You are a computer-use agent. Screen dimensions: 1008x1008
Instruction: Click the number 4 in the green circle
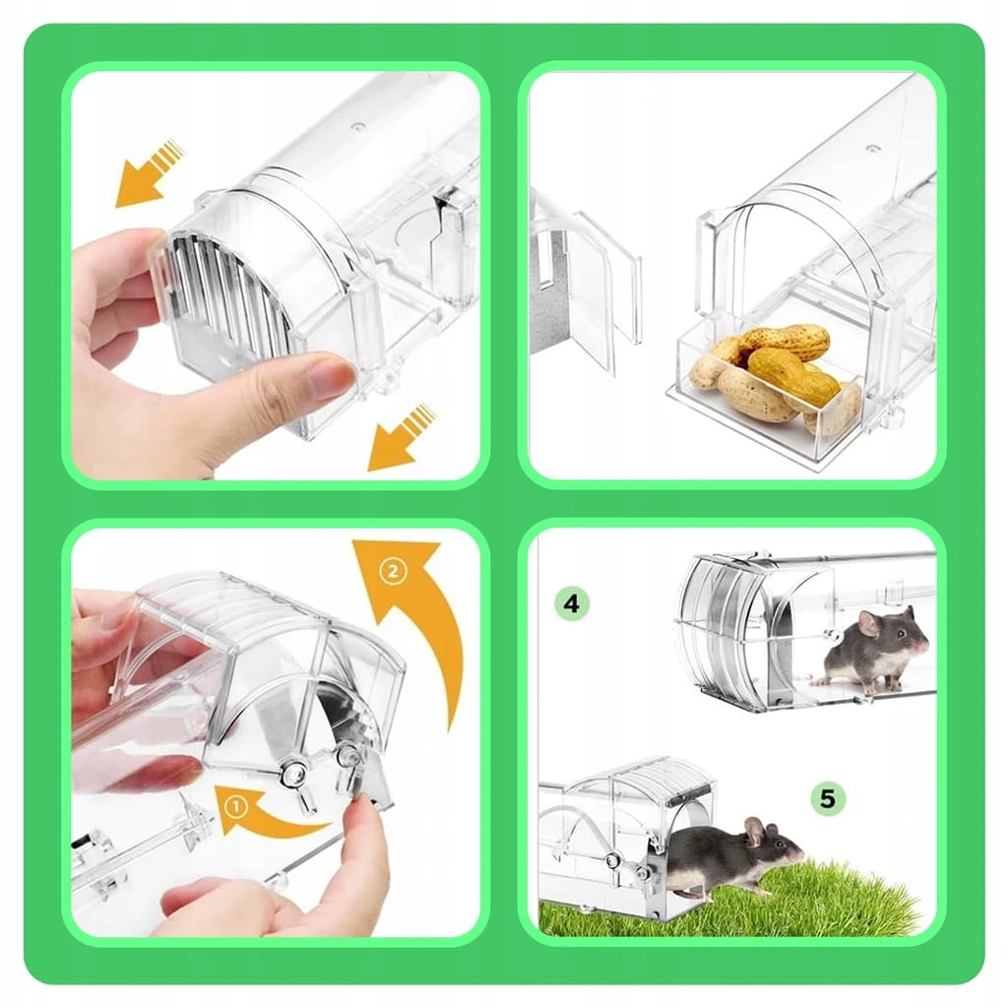point(571,603)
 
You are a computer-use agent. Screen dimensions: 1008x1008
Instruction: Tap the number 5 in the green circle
point(827,799)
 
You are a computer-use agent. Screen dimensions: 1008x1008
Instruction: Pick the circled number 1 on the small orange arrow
point(236,807)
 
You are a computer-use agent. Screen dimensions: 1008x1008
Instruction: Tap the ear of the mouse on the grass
point(754,831)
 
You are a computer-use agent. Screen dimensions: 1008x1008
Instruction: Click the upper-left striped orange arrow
point(150,173)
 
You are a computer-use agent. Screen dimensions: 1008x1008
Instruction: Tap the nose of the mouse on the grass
point(800,851)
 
